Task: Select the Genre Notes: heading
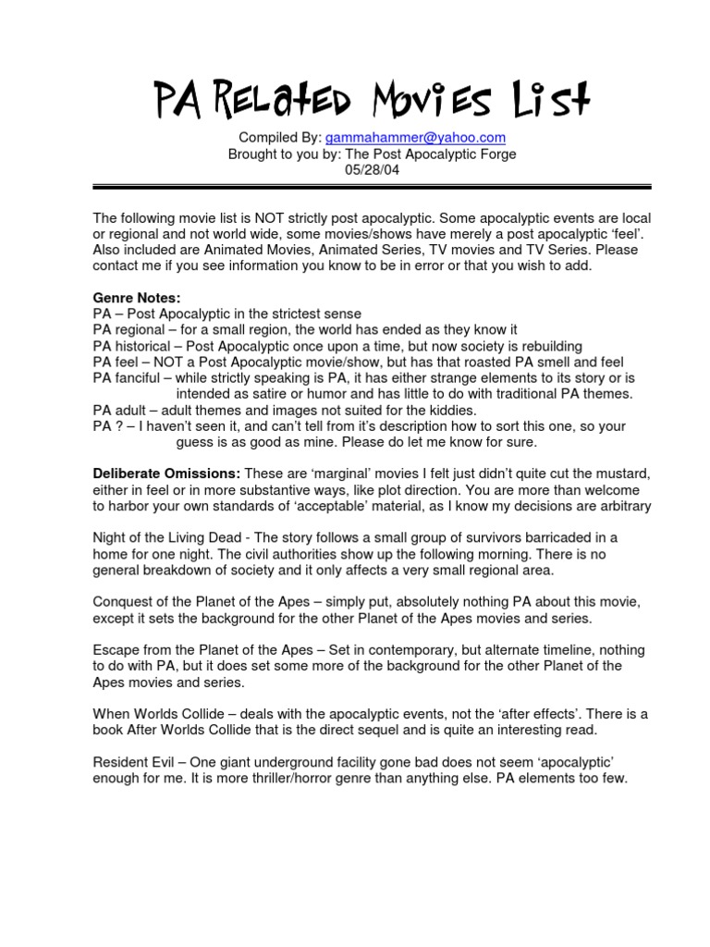tap(137, 299)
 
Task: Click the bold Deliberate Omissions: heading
tap(165, 473)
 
